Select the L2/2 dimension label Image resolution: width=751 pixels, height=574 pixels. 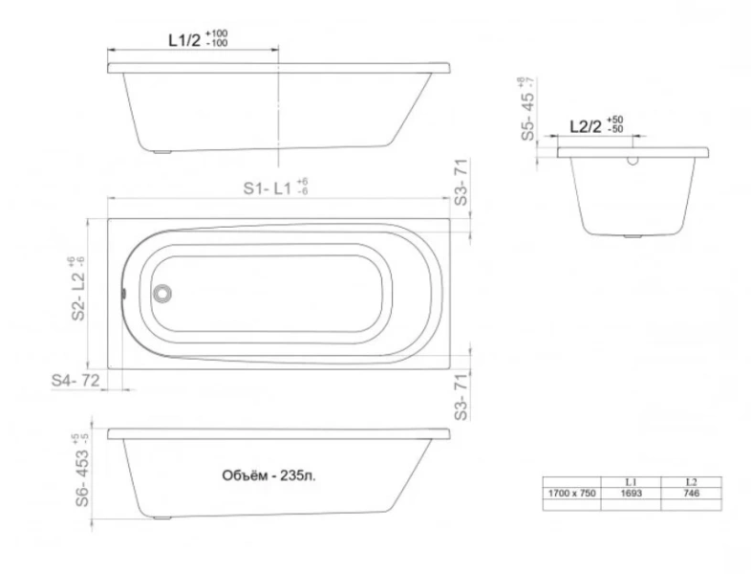point(585,125)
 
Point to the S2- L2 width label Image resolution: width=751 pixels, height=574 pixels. point(77,293)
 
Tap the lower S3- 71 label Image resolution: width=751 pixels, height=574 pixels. point(461,392)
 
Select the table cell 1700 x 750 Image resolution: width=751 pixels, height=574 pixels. point(570,492)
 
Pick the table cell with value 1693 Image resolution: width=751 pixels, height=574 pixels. point(631,492)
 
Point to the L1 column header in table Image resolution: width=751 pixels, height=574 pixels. point(631,480)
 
